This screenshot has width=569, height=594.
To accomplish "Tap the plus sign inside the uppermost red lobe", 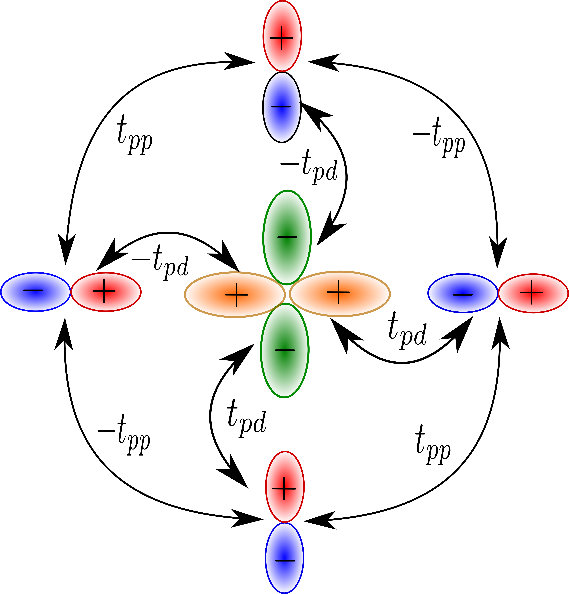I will tap(281, 38).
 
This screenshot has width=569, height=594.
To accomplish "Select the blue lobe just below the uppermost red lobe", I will tap(282, 124).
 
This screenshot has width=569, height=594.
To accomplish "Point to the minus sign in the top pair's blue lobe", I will tap(281, 107).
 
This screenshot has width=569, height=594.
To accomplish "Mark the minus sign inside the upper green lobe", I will tap(287, 237).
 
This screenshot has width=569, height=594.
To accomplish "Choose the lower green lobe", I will tap(285, 373).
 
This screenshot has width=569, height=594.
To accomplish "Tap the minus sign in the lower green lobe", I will tap(285, 350).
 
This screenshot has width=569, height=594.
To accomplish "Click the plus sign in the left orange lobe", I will tap(237, 295).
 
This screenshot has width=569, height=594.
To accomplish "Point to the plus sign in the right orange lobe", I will tap(338, 292).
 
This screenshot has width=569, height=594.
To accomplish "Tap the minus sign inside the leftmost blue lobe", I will tap(33, 290).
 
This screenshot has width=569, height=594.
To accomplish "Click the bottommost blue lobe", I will tap(284, 576).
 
